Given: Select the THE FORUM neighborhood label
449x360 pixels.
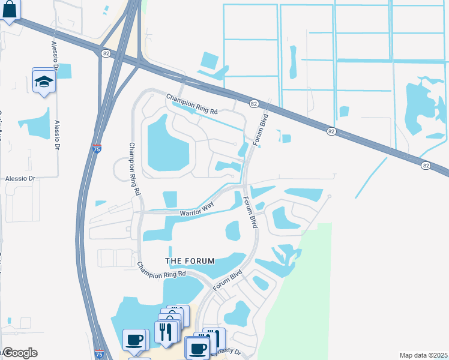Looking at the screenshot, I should pos(190,260).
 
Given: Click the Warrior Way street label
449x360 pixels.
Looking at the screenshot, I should pos(197,209).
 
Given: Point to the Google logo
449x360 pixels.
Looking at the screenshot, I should pos(19,353).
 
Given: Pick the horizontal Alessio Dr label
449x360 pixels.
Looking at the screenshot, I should pos(21,178).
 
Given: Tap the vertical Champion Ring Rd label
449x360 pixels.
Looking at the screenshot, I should pos(134,170).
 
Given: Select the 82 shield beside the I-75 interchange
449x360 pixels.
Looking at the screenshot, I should pos(106,53).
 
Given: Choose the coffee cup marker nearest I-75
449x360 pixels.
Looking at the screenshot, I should pos(134,340).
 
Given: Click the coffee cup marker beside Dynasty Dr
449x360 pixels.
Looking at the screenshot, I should pos(197,348).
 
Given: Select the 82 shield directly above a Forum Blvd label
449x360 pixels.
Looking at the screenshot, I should pos(254,104).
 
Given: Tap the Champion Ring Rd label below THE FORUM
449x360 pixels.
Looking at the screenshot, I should pos(161,271).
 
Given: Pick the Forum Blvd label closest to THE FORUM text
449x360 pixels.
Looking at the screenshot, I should pos(229,277).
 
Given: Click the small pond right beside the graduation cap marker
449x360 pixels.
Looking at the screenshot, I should pos(63,71).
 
